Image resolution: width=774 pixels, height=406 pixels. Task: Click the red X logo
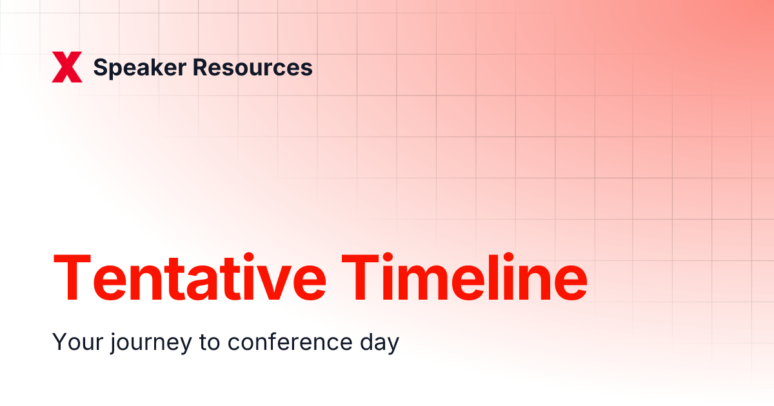coord(67,68)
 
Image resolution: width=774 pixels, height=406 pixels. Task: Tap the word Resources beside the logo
coord(253,68)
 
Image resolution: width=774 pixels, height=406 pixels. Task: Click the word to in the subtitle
coord(210,342)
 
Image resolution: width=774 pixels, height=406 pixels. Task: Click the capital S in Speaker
coord(101,68)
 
